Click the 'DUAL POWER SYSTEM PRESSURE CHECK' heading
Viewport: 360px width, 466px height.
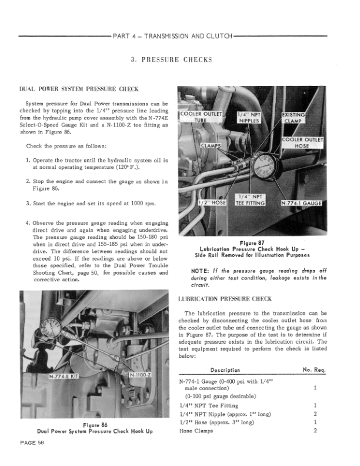[x=79, y=89]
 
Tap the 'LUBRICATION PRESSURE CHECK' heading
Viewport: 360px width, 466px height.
[x=225, y=299]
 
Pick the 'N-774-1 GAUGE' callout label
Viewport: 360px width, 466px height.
[x=301, y=203]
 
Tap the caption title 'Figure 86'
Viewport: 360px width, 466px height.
[x=95, y=425]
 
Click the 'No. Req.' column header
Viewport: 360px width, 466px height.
[x=314, y=370]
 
